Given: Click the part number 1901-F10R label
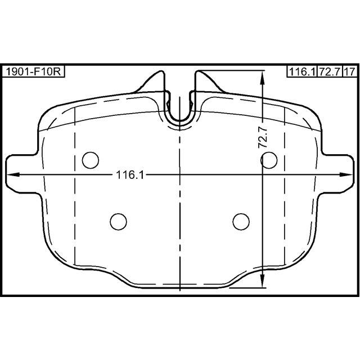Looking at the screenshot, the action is (x=33, y=71).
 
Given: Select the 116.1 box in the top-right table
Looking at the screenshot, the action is (x=303, y=71).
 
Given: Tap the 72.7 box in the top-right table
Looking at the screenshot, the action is (x=330, y=71).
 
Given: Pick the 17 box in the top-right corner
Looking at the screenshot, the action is (x=350, y=71).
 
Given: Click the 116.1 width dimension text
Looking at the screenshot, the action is (x=130, y=175).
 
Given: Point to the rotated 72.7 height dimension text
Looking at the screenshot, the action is (x=263, y=138).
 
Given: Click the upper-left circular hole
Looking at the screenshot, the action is (x=91, y=160).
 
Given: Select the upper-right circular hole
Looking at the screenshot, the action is (x=269, y=160).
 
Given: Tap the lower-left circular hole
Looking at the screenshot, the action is (x=119, y=222).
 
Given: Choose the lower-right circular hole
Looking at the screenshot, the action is (x=241, y=222).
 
